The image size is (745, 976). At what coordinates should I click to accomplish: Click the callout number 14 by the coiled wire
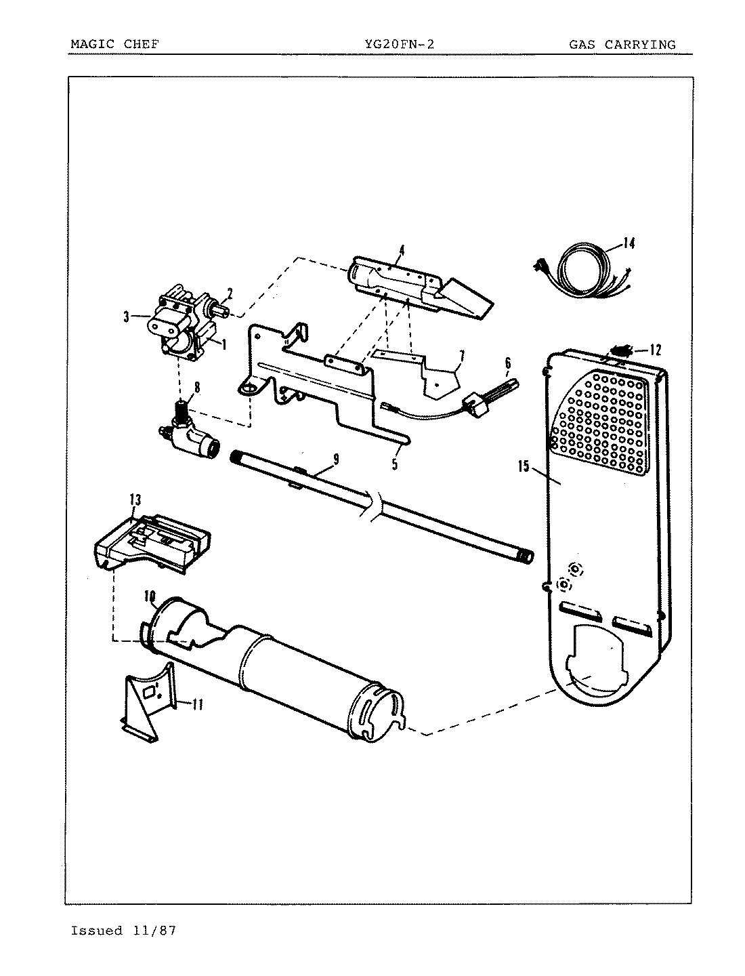pyautogui.click(x=629, y=243)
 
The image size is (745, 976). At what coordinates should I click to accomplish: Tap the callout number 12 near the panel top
pyautogui.click(x=655, y=350)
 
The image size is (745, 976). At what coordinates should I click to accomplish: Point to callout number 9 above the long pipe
pyautogui.click(x=335, y=460)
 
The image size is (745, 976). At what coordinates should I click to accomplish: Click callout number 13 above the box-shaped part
pyautogui.click(x=135, y=500)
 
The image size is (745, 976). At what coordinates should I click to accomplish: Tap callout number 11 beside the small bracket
pyautogui.click(x=196, y=705)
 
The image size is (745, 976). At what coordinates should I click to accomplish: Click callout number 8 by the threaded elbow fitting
pyautogui.click(x=196, y=388)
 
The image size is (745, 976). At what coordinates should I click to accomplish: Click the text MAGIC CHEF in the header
pyautogui.click(x=114, y=45)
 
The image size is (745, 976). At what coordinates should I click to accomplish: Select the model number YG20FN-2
pyautogui.click(x=399, y=45)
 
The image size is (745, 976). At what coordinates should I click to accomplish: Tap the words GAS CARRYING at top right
pyautogui.click(x=622, y=45)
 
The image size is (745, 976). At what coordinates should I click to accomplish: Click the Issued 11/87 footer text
pyautogui.click(x=123, y=931)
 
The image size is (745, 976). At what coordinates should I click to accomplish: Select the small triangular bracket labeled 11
pyautogui.click(x=148, y=701)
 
